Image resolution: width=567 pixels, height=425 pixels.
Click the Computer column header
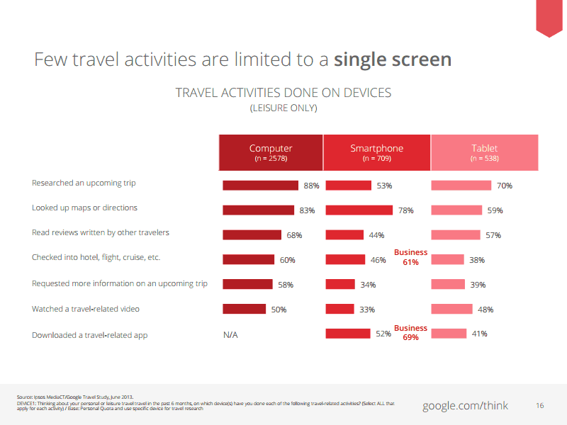270,152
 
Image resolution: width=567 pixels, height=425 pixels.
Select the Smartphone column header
376,152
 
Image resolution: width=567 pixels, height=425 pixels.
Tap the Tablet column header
484,152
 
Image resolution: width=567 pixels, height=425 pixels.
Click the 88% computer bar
260,186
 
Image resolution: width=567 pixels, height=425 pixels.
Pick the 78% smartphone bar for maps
359,210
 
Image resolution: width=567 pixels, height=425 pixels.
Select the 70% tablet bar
461,186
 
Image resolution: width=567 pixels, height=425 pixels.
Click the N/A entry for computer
230,334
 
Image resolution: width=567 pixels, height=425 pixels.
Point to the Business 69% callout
411,332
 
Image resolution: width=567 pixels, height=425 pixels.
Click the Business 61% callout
411,257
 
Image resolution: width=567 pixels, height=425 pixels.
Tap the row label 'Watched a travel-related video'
86,310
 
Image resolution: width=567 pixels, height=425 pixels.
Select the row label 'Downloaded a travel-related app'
89,334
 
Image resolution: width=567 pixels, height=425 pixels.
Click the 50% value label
278,310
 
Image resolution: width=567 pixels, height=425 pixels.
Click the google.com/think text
466,406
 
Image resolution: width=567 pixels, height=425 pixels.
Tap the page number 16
540,406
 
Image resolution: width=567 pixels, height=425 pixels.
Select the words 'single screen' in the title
392,59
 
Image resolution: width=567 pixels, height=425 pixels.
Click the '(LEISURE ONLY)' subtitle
283,108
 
